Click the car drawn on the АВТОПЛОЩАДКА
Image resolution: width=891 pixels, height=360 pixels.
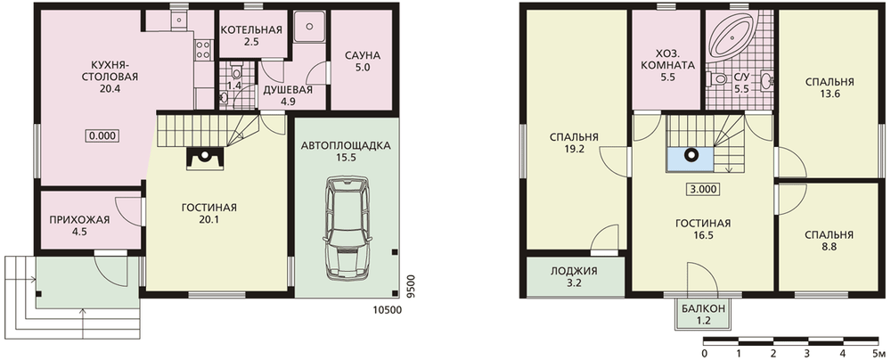pos(347,228)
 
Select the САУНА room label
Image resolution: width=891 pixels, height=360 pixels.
pos(362,56)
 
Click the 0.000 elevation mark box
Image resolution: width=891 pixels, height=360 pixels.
pos(102,135)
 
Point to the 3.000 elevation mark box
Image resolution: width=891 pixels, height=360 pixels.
pos(703,190)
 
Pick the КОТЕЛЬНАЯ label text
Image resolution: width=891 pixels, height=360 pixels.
pos(251,29)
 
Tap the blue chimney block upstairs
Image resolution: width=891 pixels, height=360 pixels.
pos(691,160)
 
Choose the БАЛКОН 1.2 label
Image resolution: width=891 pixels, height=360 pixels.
pos(703,314)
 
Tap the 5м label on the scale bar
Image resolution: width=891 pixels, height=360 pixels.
pos(878,354)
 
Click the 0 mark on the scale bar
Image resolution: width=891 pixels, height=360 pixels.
pos(704,354)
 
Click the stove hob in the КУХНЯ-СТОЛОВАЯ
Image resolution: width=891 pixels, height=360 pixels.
pos(203,49)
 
